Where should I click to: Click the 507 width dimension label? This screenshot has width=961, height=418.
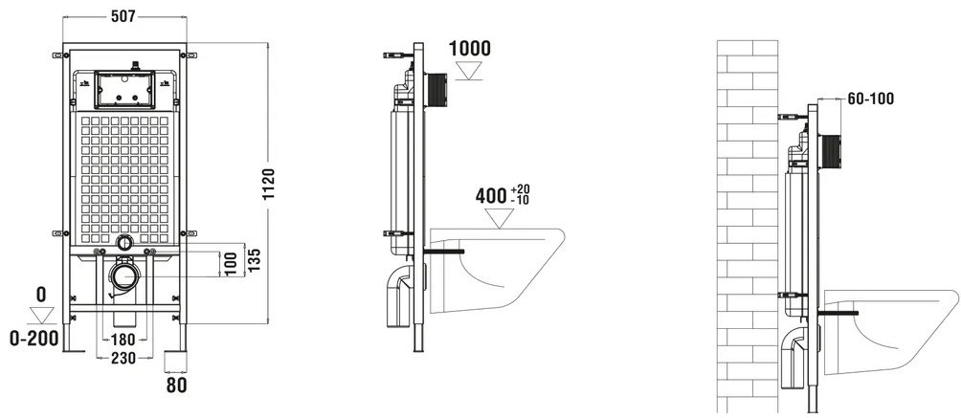(123, 16)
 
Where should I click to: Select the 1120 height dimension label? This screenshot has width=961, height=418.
(269, 187)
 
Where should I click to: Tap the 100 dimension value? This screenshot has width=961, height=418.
(231, 264)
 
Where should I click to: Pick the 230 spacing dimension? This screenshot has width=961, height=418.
(123, 359)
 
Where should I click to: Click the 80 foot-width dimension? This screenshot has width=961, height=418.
(177, 385)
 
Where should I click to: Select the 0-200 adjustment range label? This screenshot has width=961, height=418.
(34, 338)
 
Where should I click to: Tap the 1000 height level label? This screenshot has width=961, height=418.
(470, 48)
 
